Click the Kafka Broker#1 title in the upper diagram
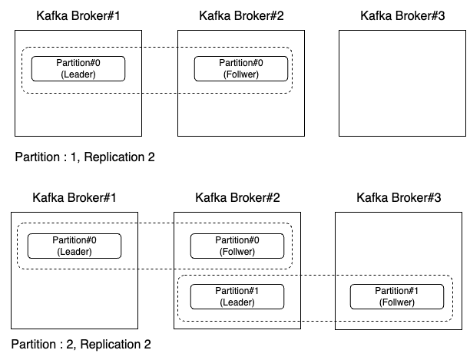[x=78, y=15]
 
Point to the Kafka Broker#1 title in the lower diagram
[x=74, y=198]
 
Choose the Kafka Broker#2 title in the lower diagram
[x=238, y=198]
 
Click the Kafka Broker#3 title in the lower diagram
[x=399, y=198]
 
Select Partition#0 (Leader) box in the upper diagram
[x=78, y=68]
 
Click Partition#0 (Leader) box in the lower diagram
[x=74, y=246]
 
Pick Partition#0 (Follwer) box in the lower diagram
[x=237, y=246]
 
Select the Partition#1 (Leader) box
[x=237, y=296]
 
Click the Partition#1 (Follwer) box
[x=398, y=296]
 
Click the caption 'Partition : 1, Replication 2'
[x=84, y=157]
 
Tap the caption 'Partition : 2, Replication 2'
[x=81, y=345]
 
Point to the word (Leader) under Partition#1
[x=237, y=302]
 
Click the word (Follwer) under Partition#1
[x=398, y=302]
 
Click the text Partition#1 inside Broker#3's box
[x=398, y=291]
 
